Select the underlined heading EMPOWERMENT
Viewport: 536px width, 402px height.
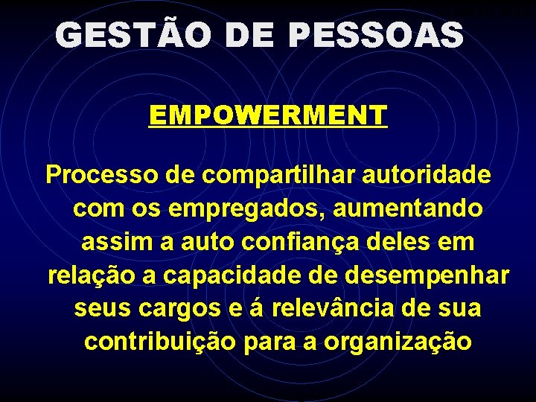[x=268, y=115]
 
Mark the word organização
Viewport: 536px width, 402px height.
[x=398, y=342]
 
